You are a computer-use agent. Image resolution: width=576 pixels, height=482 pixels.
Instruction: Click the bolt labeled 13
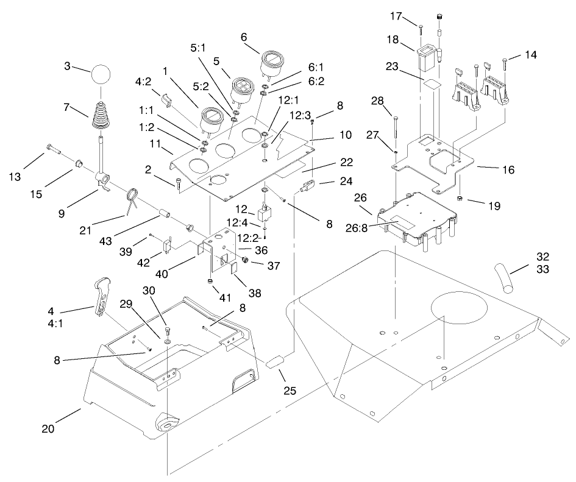[x=54, y=149]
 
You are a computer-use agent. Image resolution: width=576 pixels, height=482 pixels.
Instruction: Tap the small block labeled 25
[x=276, y=363]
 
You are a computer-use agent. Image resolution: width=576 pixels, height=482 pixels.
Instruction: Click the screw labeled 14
[x=505, y=66]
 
